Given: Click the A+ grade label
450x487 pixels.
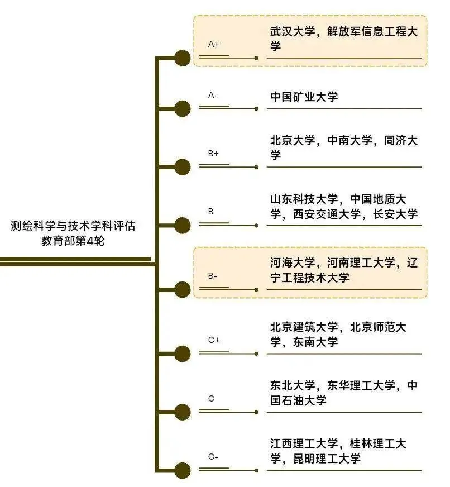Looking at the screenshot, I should [x=213, y=44].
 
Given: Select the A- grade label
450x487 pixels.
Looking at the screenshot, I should [x=213, y=95].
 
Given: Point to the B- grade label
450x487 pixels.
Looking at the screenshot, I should [x=212, y=276].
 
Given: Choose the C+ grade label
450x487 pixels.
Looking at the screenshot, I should [x=213, y=340].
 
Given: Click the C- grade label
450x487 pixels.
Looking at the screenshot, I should [x=213, y=457].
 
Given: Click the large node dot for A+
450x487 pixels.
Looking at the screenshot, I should [x=182, y=58].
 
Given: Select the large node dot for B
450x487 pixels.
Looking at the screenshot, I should [x=182, y=226].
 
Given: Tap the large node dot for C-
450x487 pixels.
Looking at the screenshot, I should [x=182, y=471].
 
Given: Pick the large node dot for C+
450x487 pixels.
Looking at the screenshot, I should [x=182, y=354].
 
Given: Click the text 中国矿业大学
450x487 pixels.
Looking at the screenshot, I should [x=304, y=97].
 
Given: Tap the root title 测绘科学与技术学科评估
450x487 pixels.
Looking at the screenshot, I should [x=73, y=226].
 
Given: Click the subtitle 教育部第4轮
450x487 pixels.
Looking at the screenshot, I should [x=73, y=241].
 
